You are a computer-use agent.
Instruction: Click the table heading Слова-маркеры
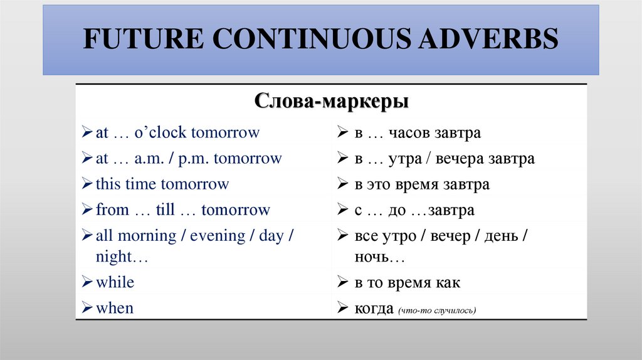pyautogui.click(x=332, y=101)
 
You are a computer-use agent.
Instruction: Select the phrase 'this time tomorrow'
pyautogui.click(x=162, y=184)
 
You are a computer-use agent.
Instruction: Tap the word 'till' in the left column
pyautogui.click(x=165, y=210)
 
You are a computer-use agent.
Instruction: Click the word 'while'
pyautogui.click(x=115, y=282)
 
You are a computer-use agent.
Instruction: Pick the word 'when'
pyautogui.click(x=115, y=308)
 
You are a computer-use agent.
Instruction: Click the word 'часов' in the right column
pyautogui.click(x=408, y=134)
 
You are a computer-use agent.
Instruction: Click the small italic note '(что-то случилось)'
pyautogui.click(x=436, y=310)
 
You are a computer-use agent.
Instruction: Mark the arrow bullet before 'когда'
pyautogui.click(x=342, y=309)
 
